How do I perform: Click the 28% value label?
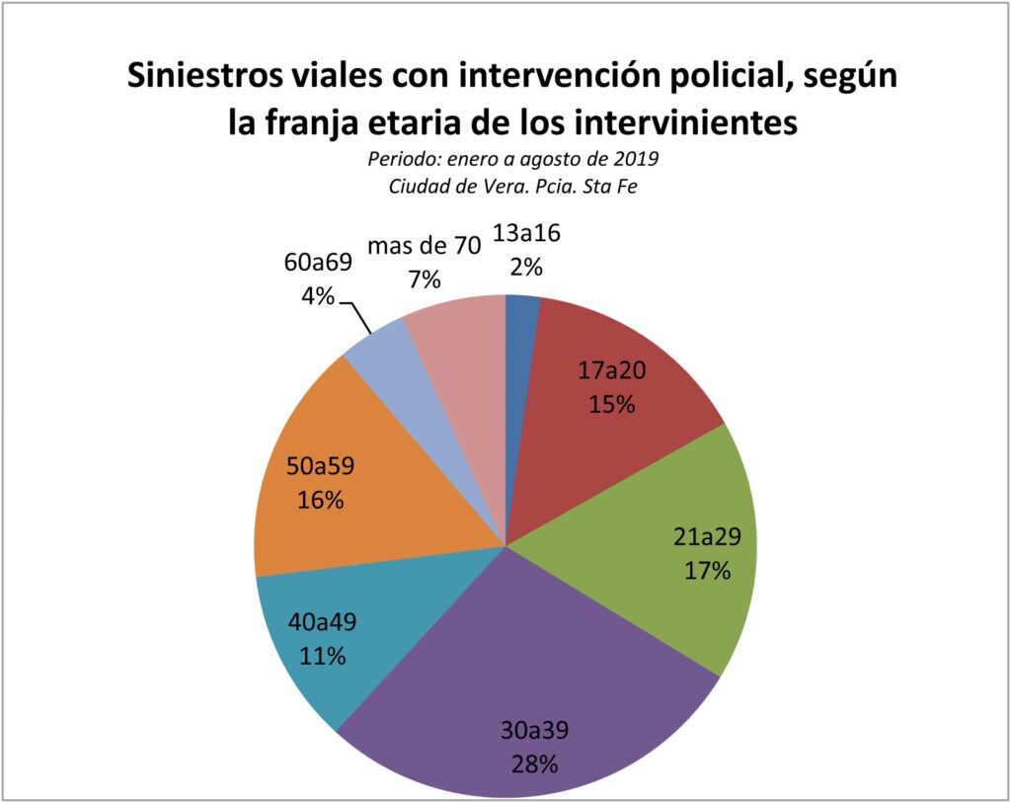(x=534, y=763)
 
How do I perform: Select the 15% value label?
(x=610, y=404)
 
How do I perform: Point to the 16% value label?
(x=321, y=501)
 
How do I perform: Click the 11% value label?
(x=322, y=655)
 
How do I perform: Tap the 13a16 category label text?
(x=526, y=235)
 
